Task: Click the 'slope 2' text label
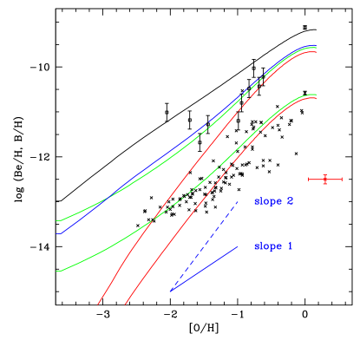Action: (273, 201)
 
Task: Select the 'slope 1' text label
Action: (273, 246)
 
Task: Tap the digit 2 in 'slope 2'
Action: (290, 201)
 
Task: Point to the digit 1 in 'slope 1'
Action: (290, 246)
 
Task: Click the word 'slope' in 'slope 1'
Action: (268, 246)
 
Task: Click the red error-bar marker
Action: (325, 180)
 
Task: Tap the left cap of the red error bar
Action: (310, 180)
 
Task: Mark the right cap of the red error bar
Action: (342, 180)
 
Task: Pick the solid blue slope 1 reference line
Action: (205, 269)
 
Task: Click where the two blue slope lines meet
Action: (171, 291)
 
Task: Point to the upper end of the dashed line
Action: (239, 201)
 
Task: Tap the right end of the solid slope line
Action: (239, 246)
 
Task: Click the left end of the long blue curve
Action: (59, 234)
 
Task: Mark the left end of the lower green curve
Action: (57, 272)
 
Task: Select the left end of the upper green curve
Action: (57, 221)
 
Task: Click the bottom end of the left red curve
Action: (98, 304)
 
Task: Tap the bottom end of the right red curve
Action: (126, 304)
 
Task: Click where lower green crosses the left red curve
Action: (151, 220)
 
